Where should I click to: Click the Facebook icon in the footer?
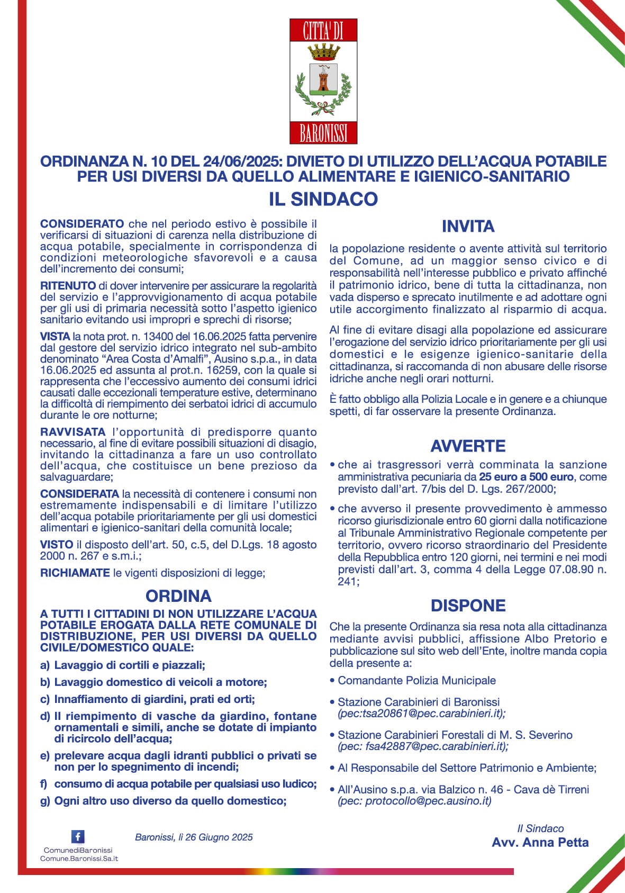78,836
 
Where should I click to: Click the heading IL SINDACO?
323,199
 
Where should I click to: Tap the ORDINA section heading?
178,596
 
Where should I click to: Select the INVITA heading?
468,227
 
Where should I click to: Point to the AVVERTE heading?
468,446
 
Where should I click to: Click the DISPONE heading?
468,605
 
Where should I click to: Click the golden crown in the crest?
323,52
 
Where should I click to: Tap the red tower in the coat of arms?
323,79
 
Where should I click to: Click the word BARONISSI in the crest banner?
323,133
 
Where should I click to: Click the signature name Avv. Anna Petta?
540,842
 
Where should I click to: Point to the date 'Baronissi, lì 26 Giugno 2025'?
194,837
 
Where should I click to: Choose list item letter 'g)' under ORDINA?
46,801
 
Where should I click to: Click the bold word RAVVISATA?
73,432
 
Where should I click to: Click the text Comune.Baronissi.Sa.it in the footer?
79,858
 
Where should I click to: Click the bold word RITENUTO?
68,285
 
